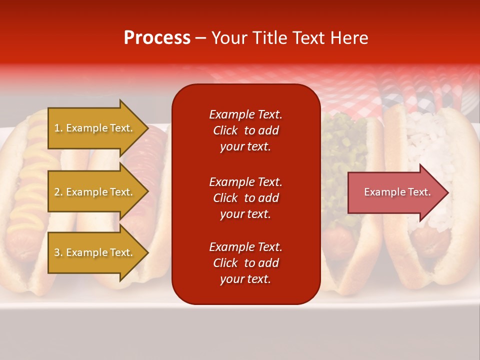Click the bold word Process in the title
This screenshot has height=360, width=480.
[x=157, y=38]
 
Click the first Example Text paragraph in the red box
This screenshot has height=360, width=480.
[x=245, y=130]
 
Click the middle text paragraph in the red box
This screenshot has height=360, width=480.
[x=245, y=198]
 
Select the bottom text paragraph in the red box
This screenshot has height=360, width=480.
[x=245, y=263]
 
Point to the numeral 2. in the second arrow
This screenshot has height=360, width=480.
[x=58, y=192]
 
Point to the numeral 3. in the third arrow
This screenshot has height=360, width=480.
[x=58, y=252]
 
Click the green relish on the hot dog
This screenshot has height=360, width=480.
[x=340, y=150]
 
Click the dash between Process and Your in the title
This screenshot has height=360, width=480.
[x=201, y=38]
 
